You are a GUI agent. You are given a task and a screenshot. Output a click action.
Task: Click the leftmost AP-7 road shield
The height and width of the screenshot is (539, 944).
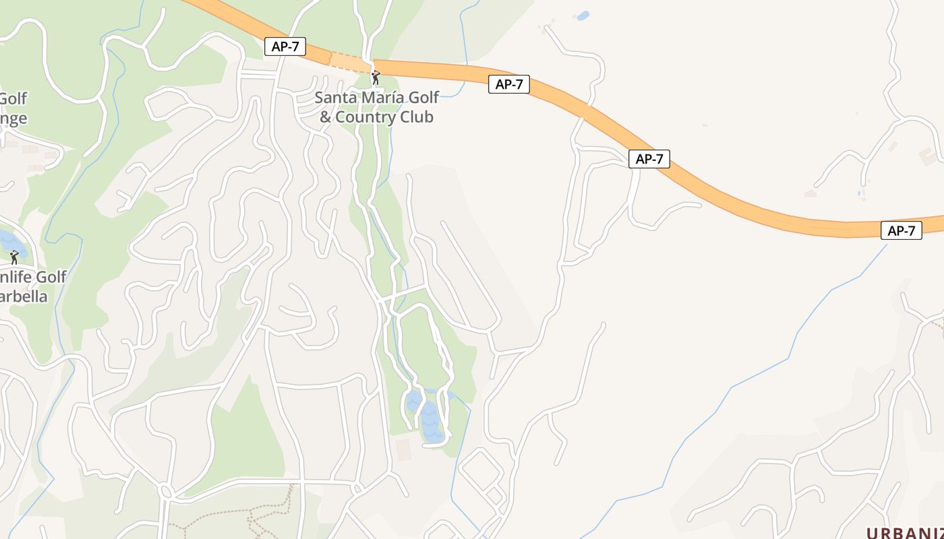[x=285, y=46]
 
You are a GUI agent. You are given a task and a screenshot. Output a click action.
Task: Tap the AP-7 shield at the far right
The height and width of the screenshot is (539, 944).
[x=901, y=230]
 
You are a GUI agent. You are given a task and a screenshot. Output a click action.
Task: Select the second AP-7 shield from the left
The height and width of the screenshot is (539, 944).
[x=508, y=84]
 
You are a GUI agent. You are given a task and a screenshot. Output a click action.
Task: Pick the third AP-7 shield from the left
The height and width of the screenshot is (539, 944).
[x=649, y=159]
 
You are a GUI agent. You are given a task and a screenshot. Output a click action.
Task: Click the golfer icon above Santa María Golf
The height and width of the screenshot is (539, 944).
[x=376, y=77]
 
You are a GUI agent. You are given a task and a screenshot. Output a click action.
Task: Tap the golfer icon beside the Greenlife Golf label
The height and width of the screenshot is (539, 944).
[x=14, y=257]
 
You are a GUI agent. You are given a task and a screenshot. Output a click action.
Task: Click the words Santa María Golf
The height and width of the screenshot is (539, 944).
[x=377, y=98]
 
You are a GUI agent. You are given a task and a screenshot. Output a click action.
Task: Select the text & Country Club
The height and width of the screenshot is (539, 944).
[x=376, y=117]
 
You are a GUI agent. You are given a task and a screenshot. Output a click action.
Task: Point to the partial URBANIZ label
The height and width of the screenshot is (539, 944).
[x=904, y=532]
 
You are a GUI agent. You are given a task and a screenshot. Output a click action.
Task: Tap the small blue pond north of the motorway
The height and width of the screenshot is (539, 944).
[x=583, y=15]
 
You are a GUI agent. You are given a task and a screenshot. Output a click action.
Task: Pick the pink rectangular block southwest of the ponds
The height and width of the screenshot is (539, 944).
[x=403, y=449]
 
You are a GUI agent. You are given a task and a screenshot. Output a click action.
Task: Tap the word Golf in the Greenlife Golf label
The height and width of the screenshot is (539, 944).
[x=50, y=277]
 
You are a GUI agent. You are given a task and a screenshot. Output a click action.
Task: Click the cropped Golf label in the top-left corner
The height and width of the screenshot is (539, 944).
[x=13, y=99]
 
